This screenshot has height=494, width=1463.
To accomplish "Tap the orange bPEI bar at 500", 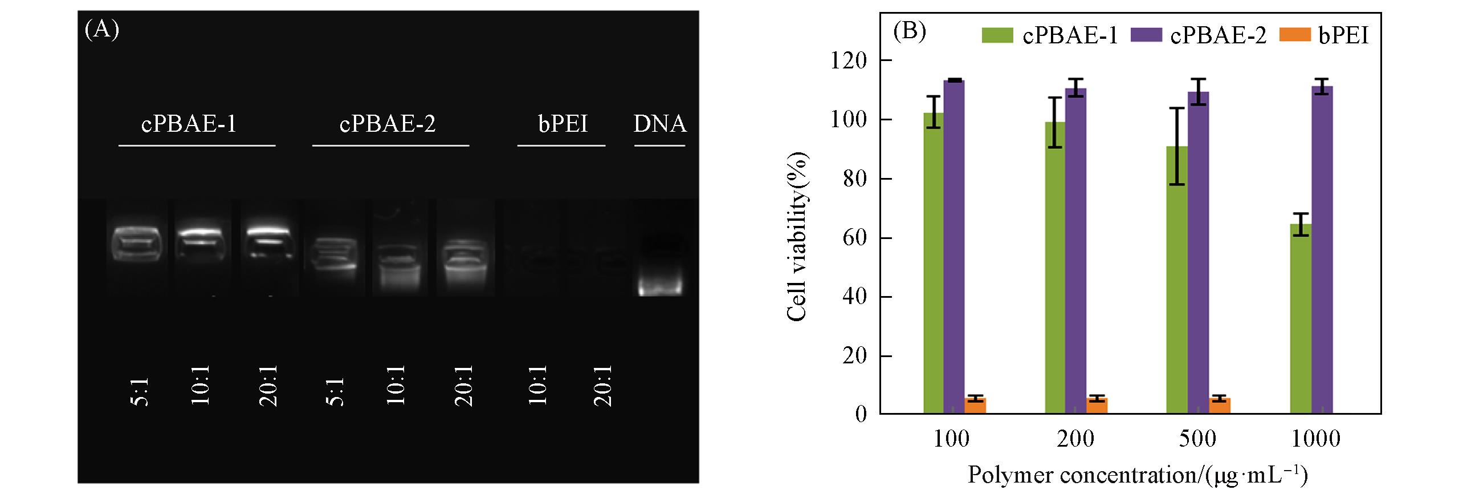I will click(x=1220, y=406).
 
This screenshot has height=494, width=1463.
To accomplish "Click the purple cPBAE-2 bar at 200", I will click(x=1075, y=250).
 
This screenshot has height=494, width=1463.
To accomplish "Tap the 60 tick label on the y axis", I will click(x=855, y=237).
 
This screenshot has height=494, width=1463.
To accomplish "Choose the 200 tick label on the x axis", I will click(x=1075, y=438).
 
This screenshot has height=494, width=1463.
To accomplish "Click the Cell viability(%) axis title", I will click(x=797, y=236).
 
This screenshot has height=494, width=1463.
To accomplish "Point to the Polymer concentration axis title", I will click(x=1137, y=475).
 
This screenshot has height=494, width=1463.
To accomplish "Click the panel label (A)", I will click(x=101, y=30).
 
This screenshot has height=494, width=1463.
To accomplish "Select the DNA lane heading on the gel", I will click(x=660, y=123).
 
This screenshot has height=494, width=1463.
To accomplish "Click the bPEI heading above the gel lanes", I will click(x=563, y=123).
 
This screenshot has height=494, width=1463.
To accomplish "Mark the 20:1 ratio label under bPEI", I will click(x=603, y=386).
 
